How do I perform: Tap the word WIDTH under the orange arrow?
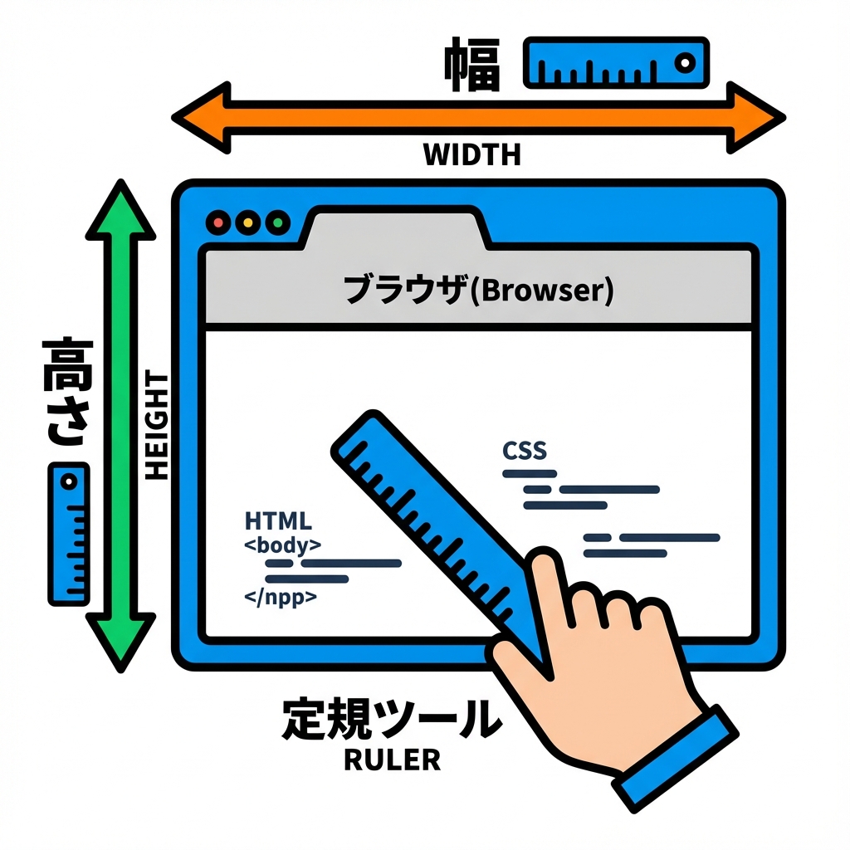(471, 154)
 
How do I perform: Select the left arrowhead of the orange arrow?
(199, 117)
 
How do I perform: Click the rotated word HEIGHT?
(156, 426)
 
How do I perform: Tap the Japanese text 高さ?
(68, 390)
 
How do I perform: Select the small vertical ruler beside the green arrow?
(68, 533)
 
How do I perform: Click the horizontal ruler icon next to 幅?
(615, 62)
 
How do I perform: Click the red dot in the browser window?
(219, 222)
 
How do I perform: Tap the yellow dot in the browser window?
(247, 222)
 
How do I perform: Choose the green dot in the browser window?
(276, 222)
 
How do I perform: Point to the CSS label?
(525, 451)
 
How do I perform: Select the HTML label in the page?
(278, 521)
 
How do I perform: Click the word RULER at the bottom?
(392, 760)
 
